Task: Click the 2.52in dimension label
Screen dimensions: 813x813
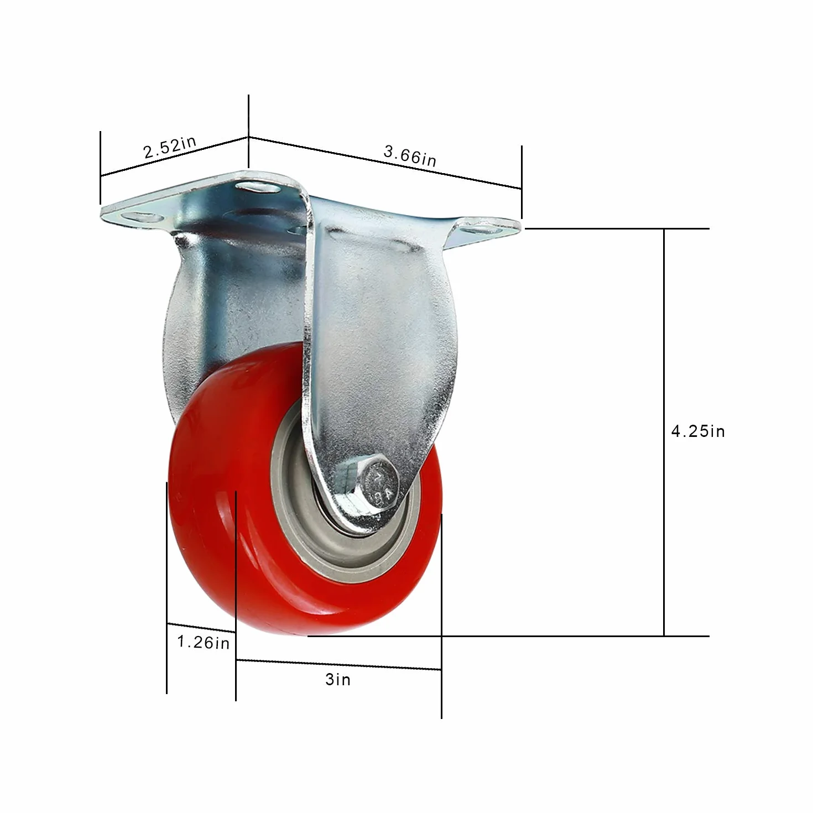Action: pyautogui.click(x=170, y=147)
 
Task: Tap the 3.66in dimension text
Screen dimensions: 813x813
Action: pyautogui.click(x=410, y=155)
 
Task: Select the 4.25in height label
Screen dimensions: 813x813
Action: pyautogui.click(x=698, y=431)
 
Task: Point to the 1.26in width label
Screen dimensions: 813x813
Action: pyautogui.click(x=204, y=642)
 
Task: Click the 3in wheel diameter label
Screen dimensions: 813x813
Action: pyautogui.click(x=337, y=679)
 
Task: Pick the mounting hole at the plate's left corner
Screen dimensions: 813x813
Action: pyautogui.click(x=143, y=218)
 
